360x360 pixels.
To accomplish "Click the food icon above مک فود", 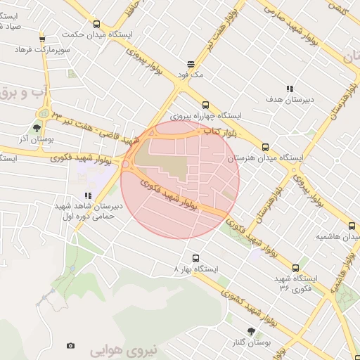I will click(x=189, y=63).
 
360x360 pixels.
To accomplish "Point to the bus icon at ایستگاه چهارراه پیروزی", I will click(x=207, y=104).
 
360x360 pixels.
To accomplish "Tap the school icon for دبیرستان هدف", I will click(x=289, y=89).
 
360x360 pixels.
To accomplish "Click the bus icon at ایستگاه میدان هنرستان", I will click(x=265, y=147).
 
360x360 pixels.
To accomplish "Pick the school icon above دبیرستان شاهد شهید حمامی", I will click(x=87, y=196).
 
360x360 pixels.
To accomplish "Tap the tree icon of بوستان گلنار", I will click(x=251, y=331).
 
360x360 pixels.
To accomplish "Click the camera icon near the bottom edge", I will click(x=70, y=345).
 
